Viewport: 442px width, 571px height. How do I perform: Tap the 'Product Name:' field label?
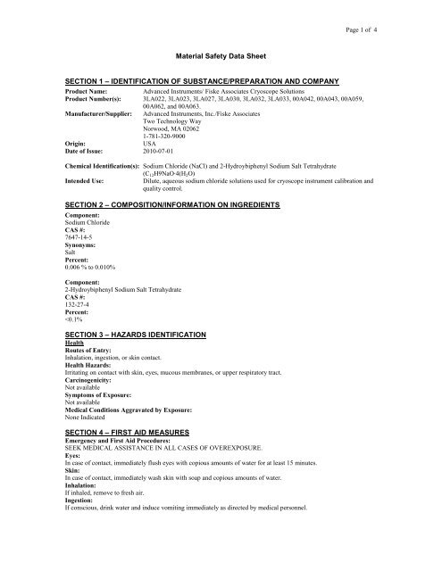(93, 93)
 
